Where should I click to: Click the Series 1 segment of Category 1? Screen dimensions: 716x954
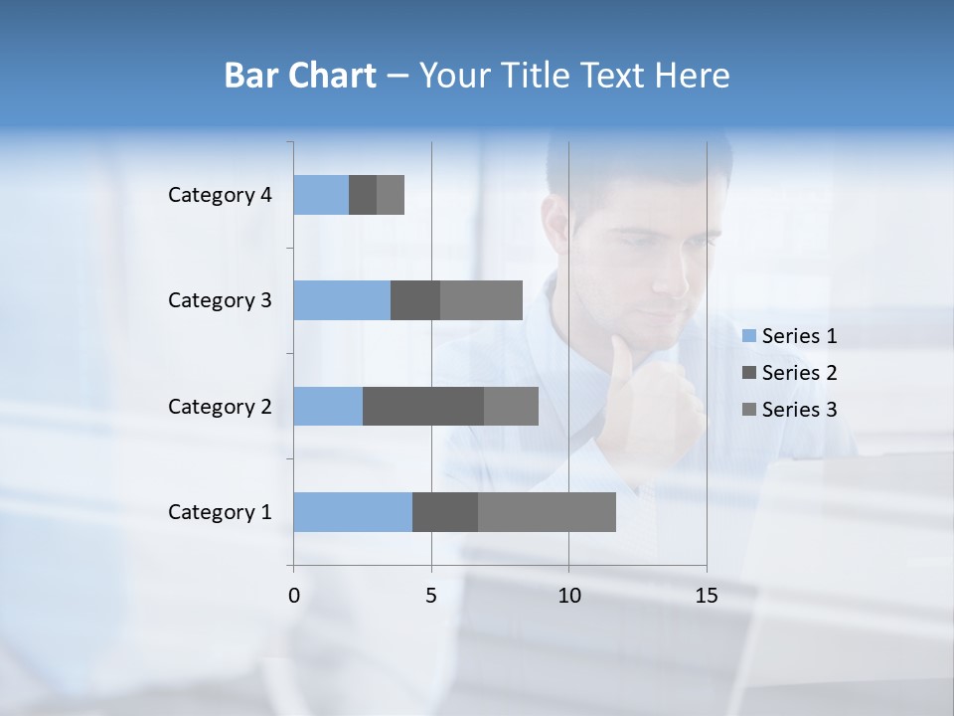353,512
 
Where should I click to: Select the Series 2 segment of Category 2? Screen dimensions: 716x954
423,406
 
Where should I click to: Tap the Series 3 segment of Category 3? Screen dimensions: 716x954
481,300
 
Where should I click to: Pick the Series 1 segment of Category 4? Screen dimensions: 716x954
321,195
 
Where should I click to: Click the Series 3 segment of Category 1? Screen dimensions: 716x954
547,512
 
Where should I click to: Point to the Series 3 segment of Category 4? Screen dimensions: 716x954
391,195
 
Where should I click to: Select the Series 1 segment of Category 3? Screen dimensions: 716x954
342,300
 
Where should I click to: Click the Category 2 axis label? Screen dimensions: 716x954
220,406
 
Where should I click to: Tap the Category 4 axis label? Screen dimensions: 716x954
220,195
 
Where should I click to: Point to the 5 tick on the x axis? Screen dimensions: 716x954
431,596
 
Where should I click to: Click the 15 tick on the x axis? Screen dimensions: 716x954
707,596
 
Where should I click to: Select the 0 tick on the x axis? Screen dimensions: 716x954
294,596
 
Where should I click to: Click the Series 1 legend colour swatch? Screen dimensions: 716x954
749,336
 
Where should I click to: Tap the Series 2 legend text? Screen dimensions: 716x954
799,373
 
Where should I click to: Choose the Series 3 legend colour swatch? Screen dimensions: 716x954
749,410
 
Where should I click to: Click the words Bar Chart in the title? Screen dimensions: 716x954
300,76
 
